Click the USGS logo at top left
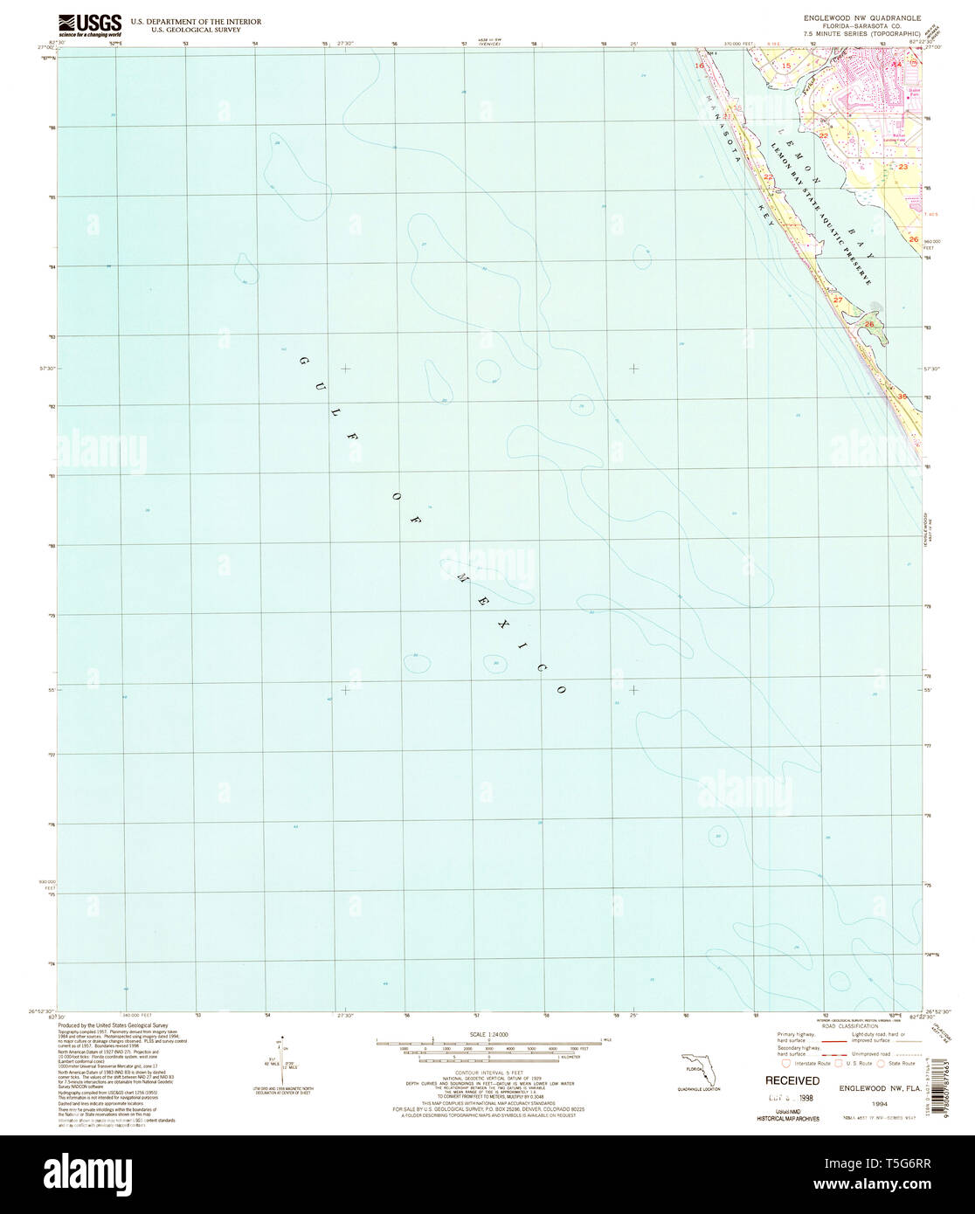coord(90,24)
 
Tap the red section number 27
coord(837,300)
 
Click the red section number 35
coord(902,397)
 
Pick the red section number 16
coord(699,66)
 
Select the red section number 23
coord(903,166)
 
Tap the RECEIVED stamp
coord(792,1080)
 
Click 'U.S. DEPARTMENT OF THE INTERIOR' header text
coord(195,21)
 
